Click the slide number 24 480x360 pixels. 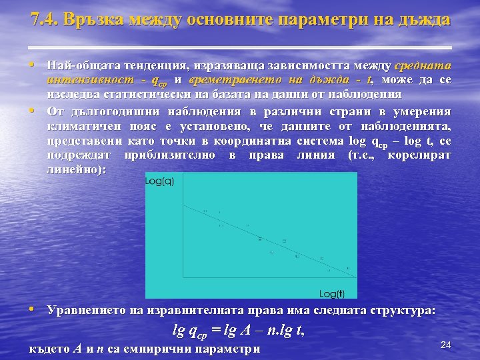(x=446, y=345)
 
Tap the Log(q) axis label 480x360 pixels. (x=160, y=181)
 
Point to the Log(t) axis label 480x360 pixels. (x=332, y=293)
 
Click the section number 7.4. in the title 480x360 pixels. (x=45, y=19)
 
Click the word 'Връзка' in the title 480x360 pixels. (x=93, y=19)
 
